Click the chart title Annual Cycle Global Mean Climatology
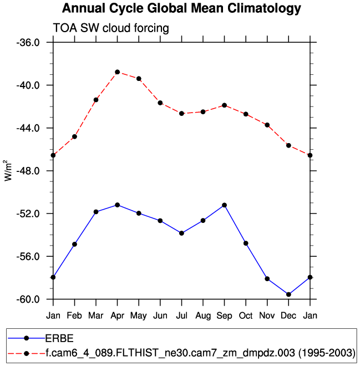(181, 9)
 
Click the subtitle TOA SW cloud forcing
(110, 28)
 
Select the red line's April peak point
(117, 72)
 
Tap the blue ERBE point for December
(288, 294)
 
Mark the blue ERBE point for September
(224, 205)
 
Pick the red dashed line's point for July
(181, 113)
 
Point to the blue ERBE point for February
(74, 244)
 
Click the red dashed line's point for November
(267, 125)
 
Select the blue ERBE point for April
(117, 205)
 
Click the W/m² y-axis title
(9, 170)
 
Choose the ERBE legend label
(59, 338)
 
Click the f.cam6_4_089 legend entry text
(200, 352)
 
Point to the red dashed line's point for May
(139, 79)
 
